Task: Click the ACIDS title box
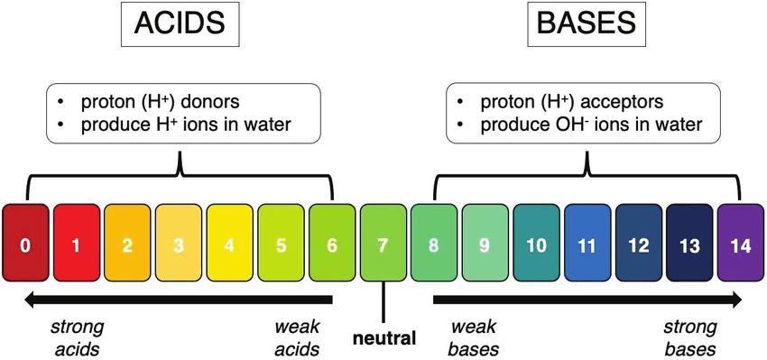pos(180,23)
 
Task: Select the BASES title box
pos(587,23)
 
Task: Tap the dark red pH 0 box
pos(25,243)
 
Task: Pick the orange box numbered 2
pos(127,243)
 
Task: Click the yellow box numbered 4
pos(229,243)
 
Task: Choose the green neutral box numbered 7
pos(383,243)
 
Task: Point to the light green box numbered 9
pos(485,243)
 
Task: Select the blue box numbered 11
pos(587,243)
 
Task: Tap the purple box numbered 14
pos(741,243)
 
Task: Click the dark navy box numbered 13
pos(689,243)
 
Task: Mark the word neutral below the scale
pos(384,338)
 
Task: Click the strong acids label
pos(77,338)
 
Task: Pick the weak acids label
pos(297,338)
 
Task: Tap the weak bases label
pos(474,338)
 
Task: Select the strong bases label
pos(689,338)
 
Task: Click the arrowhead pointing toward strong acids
pos(32,300)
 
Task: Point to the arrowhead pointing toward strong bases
pos(734,300)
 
